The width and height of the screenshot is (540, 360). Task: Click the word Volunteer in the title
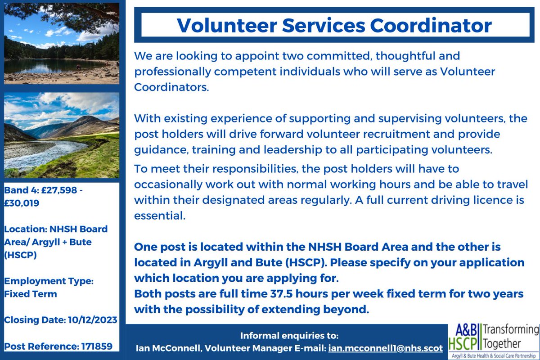(223, 25)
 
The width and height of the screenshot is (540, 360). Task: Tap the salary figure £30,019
(22, 203)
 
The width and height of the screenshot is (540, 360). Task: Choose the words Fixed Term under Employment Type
(31, 294)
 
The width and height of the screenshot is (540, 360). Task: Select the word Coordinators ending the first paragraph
(171, 87)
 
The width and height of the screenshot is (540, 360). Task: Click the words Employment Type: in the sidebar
(49, 281)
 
